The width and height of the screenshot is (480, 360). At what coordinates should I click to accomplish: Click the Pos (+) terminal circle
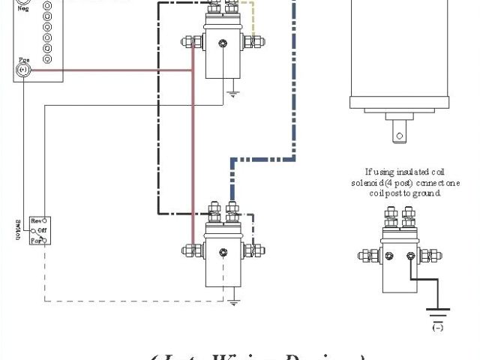[22, 70]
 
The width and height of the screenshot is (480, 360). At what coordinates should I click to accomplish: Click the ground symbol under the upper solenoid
[233, 95]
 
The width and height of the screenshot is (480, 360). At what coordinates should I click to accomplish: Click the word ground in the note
[429, 193]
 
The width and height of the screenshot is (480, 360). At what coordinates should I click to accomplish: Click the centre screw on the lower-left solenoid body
[222, 250]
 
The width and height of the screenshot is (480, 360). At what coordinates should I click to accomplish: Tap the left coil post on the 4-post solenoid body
[388, 256]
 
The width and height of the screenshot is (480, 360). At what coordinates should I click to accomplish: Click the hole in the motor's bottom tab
[400, 136]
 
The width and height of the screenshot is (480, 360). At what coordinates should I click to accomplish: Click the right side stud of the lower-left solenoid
[257, 250]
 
